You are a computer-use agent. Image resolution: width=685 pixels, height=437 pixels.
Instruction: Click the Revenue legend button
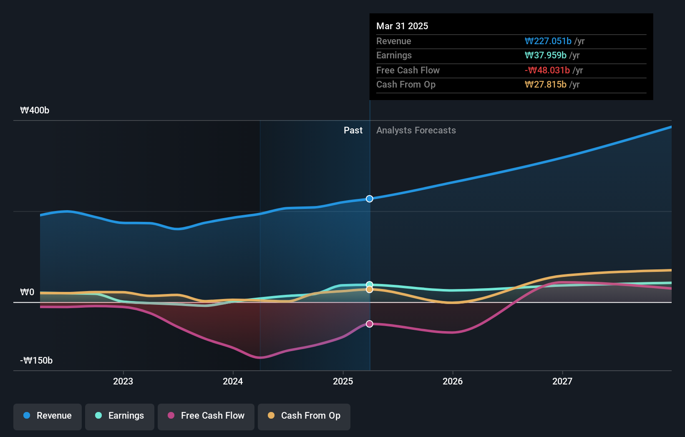48,416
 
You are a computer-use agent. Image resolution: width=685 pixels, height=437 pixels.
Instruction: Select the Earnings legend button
120,416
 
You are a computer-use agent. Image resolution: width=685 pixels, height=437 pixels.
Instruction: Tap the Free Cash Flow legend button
206,416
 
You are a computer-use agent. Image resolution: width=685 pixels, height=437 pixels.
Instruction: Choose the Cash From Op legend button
304,416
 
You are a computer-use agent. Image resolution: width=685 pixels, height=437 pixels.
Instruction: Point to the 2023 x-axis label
123,381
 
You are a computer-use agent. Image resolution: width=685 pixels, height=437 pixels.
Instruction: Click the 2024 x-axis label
233,381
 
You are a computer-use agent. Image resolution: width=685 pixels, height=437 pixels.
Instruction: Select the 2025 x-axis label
343,381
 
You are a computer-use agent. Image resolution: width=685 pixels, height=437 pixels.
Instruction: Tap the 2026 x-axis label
453,381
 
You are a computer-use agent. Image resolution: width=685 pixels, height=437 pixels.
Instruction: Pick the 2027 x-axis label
562,381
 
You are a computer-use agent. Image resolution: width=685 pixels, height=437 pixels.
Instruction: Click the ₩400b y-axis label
35,110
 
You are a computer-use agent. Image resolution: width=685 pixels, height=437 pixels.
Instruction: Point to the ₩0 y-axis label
27,292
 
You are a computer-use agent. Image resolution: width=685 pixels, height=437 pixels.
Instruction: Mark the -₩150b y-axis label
36,360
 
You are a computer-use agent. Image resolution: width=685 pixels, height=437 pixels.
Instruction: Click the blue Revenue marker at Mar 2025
370,199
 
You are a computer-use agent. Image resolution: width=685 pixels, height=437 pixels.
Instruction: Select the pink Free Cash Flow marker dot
370,324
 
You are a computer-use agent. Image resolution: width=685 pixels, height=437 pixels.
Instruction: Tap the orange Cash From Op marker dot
370,289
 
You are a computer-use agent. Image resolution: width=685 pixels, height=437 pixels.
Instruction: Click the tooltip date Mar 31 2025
402,26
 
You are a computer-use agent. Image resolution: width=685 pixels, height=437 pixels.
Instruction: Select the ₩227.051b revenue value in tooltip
548,41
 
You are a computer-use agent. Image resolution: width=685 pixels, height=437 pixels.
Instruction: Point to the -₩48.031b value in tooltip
547,70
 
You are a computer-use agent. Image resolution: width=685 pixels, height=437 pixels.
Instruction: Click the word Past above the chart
353,130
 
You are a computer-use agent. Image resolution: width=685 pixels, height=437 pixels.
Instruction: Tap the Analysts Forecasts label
416,130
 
